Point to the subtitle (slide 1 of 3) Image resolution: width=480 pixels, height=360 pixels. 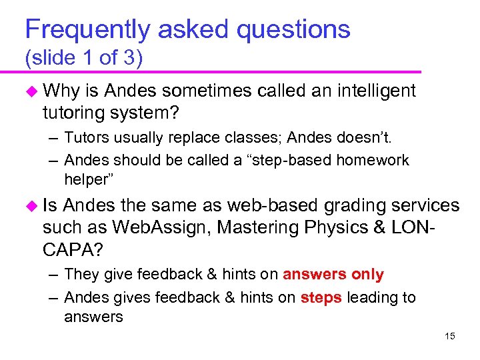(84, 58)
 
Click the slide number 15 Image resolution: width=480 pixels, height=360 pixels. (450, 336)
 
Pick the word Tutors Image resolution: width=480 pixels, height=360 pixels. (85, 138)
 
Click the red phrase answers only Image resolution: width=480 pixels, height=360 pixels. (333, 275)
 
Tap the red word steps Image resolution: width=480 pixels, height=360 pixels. (321, 297)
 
